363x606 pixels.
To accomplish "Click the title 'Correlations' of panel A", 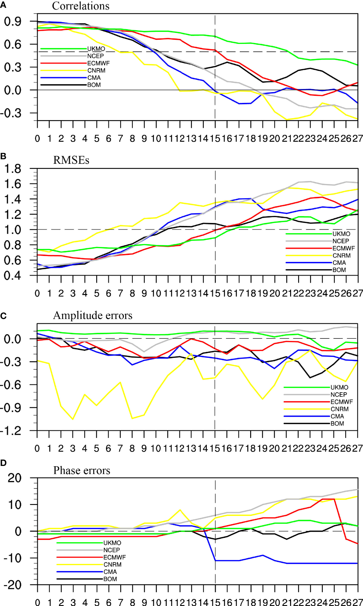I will [81, 6].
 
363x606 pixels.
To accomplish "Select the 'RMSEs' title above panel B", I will [71, 160].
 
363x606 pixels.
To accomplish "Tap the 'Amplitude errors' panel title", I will [93, 315].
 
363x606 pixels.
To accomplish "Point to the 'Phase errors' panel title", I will [81, 471].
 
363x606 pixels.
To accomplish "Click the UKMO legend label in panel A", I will [96, 49].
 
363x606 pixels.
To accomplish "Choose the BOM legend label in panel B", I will [339, 270].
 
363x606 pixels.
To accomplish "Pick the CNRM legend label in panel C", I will [339, 409].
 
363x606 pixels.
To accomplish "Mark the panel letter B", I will [3, 156].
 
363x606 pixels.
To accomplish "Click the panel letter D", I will [3, 463].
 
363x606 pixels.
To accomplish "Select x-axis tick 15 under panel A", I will [215, 139].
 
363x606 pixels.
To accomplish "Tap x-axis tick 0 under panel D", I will [37, 602].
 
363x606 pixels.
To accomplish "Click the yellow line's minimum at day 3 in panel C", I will [73, 419].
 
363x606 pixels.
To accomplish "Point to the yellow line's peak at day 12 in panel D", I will [180, 510].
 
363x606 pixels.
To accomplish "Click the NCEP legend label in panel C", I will [338, 395].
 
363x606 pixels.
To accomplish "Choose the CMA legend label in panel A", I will [94, 78].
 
